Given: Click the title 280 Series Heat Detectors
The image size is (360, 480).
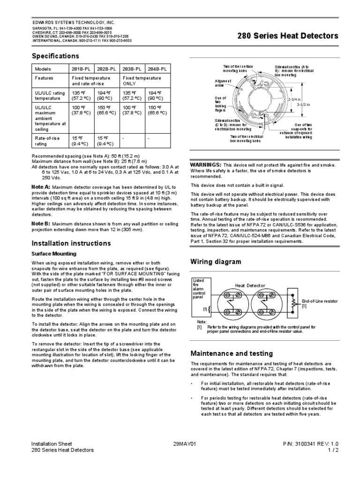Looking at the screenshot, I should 288,36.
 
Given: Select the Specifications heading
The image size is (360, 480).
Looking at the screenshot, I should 53,56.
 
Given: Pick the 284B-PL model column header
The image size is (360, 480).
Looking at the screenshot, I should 157,69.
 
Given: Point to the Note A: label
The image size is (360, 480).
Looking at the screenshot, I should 40,187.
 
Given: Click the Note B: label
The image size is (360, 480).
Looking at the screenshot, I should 40,223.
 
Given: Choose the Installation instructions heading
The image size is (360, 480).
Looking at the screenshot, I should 71,243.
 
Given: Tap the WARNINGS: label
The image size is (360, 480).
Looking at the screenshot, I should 205,165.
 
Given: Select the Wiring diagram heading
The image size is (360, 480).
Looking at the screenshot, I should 215,262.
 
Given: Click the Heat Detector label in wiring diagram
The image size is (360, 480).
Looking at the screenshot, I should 250,285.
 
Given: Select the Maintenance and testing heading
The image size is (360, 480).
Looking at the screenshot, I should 232,353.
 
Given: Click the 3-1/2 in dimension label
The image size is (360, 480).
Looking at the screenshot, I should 304,105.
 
